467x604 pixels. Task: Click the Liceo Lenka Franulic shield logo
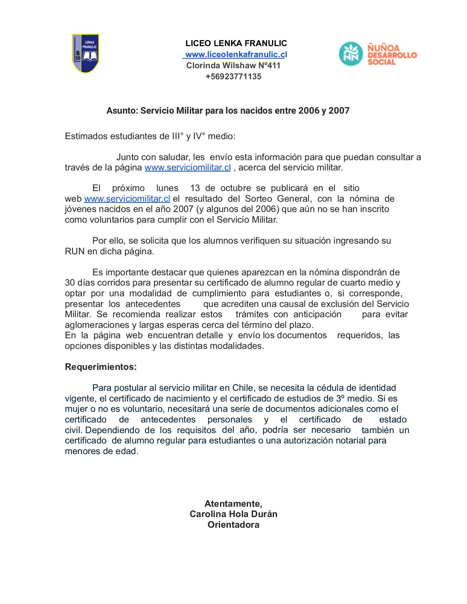(x=85, y=53)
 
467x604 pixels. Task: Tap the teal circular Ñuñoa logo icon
(x=351, y=54)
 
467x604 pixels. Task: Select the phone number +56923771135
(x=233, y=77)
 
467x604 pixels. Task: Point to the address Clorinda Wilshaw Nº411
(x=233, y=66)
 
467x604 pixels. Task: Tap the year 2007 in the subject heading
(x=339, y=111)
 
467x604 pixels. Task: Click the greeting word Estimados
(x=86, y=137)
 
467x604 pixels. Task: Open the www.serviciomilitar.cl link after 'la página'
(x=188, y=168)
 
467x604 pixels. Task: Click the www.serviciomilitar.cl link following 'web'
(x=127, y=199)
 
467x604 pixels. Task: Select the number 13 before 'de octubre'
(x=195, y=188)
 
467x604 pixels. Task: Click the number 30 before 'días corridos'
(x=70, y=283)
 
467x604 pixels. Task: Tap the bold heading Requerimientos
(x=101, y=367)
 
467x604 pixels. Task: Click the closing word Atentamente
(x=233, y=504)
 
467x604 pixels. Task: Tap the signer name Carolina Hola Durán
(x=233, y=514)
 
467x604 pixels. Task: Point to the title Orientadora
(x=233, y=525)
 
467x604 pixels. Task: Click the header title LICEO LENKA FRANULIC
(x=236, y=43)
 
